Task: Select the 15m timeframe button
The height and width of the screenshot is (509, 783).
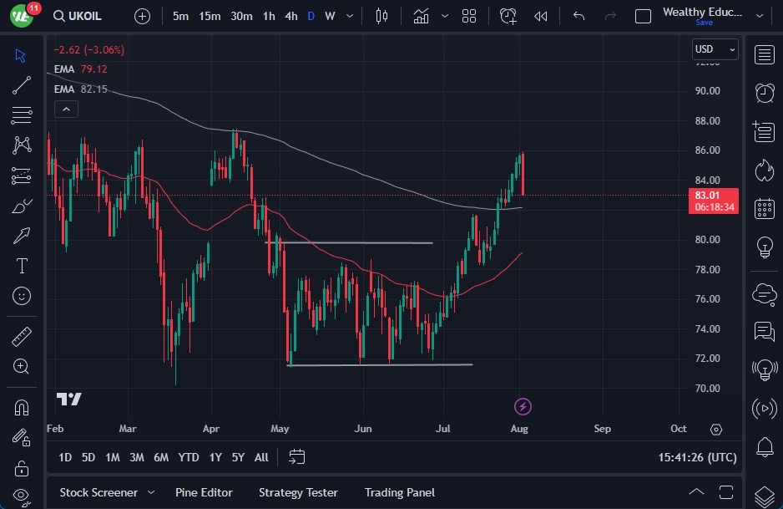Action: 210,16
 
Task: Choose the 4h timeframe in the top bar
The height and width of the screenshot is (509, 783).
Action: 290,16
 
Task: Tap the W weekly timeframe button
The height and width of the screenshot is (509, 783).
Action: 330,16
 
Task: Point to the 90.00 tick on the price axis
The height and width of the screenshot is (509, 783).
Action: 707,90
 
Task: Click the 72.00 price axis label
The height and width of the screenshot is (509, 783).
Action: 707,358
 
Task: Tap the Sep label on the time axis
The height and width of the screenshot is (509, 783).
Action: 602,428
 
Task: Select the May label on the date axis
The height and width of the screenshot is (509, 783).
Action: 280,428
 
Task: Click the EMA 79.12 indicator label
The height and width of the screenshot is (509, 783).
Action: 80,69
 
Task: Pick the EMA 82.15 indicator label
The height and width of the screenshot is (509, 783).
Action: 80,89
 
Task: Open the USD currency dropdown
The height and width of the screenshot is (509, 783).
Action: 715,49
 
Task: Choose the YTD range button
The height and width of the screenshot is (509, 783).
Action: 189,457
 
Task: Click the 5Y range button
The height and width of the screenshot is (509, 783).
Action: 238,457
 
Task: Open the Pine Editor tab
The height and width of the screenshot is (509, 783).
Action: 204,492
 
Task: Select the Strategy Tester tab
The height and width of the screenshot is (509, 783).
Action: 298,492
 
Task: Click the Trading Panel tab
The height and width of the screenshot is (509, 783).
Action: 399,492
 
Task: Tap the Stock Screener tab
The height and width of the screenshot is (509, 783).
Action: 98,492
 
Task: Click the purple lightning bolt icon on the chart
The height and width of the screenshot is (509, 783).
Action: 523,406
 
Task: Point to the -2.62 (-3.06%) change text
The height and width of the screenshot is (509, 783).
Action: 89,49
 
